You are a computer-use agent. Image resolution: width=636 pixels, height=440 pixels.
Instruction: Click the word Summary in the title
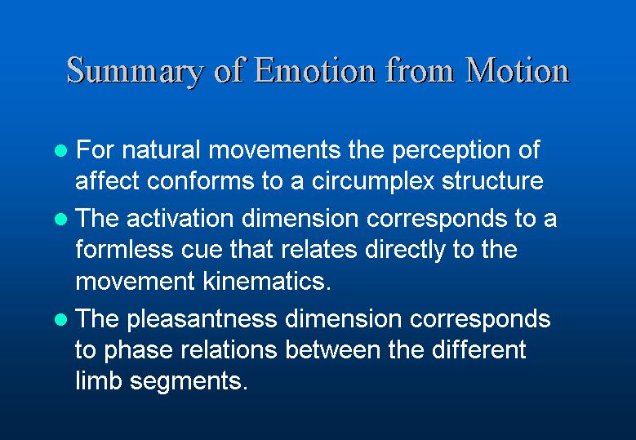[x=135, y=72]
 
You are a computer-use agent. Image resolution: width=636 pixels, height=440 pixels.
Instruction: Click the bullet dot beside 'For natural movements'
[x=60, y=151]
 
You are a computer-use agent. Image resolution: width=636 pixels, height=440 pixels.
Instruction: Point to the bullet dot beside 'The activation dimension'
[x=60, y=220]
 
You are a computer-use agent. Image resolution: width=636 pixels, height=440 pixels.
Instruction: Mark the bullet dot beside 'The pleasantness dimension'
[x=60, y=319]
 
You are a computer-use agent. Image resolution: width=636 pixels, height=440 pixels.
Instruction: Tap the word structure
[x=492, y=181]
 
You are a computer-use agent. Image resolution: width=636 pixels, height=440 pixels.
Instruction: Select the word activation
[x=180, y=218]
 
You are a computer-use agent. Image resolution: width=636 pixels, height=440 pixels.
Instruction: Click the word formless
[x=124, y=249]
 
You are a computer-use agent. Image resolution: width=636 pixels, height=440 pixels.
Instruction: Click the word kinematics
[x=264, y=280]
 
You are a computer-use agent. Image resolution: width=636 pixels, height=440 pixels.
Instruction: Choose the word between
[x=332, y=349]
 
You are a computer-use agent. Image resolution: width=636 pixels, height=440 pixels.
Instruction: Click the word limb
[x=99, y=380]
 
